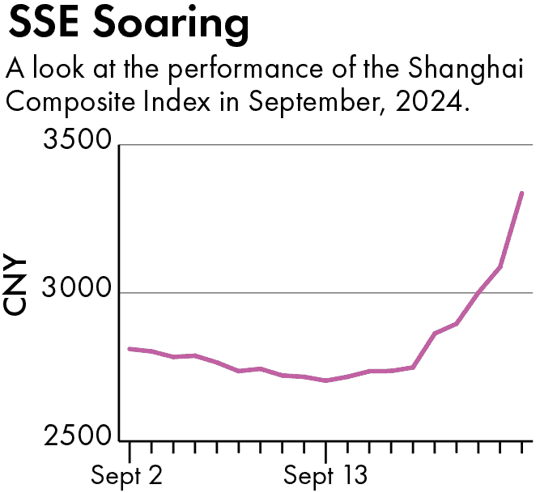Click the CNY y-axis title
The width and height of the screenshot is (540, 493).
pos(18,287)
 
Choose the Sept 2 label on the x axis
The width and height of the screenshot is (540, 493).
pos(127,475)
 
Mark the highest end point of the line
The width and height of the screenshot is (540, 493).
pos(522,193)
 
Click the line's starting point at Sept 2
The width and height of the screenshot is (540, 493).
pos(130,348)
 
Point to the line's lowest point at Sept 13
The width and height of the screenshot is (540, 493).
pos(325,380)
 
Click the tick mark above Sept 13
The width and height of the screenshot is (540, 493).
pos(325,448)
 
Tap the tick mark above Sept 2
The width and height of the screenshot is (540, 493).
pos(130,448)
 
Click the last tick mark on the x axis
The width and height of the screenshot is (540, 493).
pos(522,448)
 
